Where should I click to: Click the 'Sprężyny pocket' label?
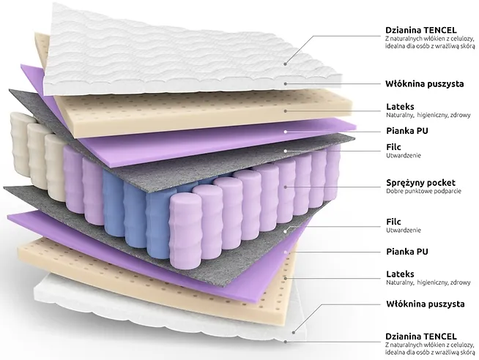point(420,183)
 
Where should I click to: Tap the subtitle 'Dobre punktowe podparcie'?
point(423,191)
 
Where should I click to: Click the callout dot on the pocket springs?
point(286,187)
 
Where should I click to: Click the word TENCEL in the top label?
point(440,30)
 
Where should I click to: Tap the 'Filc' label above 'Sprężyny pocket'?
point(393,147)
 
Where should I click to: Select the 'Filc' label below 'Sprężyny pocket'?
point(393,222)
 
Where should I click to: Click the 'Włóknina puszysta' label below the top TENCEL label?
point(424,84)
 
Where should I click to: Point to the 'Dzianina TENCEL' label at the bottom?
point(421,337)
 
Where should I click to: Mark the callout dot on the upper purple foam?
point(286,132)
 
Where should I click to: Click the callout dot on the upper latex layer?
point(286,111)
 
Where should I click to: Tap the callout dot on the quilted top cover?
point(285,64)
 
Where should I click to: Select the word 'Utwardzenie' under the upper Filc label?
point(404,156)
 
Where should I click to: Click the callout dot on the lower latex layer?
point(286,278)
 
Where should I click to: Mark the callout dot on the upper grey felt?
point(286,151)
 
